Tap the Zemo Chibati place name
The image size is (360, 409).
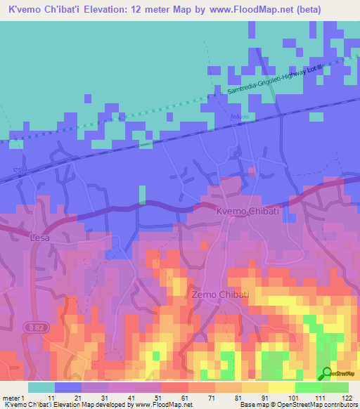pos(219,295)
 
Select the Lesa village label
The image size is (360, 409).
pos(41,238)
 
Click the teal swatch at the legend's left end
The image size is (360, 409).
pos(41,387)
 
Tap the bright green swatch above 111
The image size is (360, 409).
pos(308,387)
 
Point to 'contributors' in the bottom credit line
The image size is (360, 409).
pos(340,405)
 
